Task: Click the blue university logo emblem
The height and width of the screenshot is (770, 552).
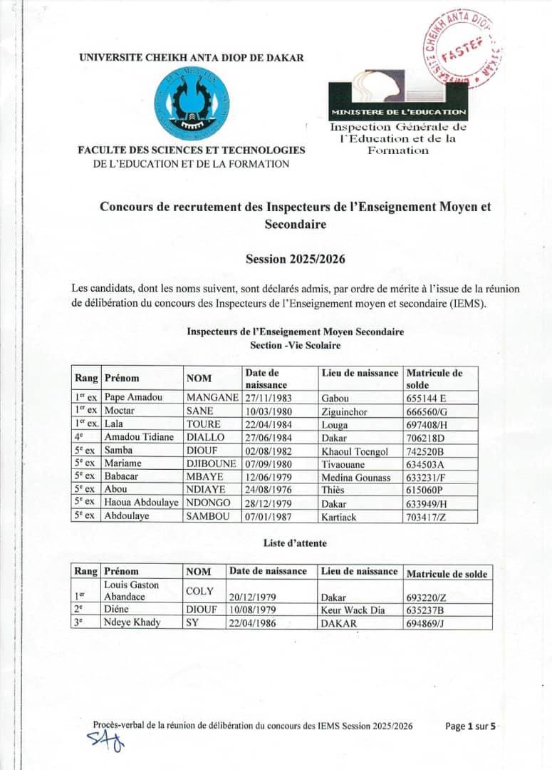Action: pos(192,107)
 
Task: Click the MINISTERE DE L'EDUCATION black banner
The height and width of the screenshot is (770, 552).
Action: pos(398,112)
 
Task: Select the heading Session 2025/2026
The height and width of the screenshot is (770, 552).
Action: pos(295,259)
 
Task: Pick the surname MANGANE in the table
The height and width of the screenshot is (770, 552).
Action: pos(212,397)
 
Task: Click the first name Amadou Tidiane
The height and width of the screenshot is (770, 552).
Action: pos(139,436)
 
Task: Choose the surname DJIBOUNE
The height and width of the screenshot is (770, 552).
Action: pos(212,463)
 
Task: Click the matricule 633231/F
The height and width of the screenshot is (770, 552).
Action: pos(429,477)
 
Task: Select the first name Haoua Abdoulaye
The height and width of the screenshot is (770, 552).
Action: pos(141,503)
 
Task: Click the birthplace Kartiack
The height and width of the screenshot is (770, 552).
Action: pos(339,516)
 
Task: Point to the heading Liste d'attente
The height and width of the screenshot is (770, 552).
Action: pos(295,543)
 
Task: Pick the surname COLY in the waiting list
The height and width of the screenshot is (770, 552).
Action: pos(199,591)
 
